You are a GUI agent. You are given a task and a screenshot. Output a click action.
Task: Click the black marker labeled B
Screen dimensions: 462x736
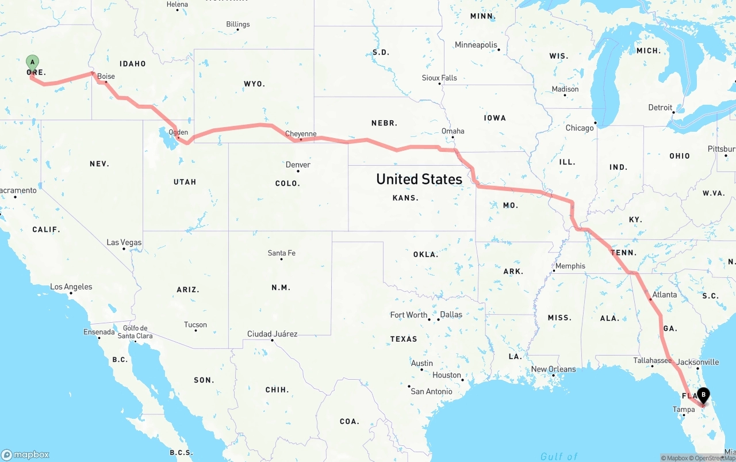pyautogui.click(x=703, y=395)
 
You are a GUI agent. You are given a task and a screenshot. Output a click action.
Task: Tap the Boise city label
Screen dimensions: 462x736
pyautogui.click(x=106, y=77)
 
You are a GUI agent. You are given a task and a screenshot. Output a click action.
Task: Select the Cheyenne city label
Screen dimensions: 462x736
pyautogui.click(x=301, y=133)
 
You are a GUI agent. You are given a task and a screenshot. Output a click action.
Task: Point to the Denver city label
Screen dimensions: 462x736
pyautogui.click(x=298, y=165)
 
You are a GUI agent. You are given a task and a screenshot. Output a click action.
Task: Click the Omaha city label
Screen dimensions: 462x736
pyautogui.click(x=453, y=131)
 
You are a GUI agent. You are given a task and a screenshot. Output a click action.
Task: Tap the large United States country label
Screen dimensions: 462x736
pyautogui.click(x=419, y=179)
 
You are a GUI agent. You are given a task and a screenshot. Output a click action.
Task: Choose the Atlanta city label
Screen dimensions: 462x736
pyautogui.click(x=665, y=295)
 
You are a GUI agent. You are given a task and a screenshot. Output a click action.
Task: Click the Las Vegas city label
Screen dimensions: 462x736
pyautogui.click(x=124, y=242)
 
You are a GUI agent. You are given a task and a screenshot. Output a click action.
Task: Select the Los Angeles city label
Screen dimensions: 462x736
pyautogui.click(x=71, y=287)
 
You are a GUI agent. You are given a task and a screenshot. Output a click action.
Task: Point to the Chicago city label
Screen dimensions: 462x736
pyautogui.click(x=579, y=128)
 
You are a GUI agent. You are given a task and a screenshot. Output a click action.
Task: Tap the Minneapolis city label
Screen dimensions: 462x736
pyautogui.click(x=476, y=45)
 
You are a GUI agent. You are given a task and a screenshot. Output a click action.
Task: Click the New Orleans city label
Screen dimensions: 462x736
pyautogui.click(x=553, y=369)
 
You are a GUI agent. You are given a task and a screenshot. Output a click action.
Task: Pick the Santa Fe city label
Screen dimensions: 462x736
pyautogui.click(x=281, y=253)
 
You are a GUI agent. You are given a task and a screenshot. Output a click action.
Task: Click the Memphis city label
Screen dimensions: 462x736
pyautogui.click(x=570, y=266)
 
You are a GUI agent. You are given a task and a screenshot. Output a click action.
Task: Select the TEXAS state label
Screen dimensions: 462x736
pyautogui.click(x=404, y=339)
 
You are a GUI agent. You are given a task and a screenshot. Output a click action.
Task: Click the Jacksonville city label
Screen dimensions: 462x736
pyautogui.click(x=697, y=362)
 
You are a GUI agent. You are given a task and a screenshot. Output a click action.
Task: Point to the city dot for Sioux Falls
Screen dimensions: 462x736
pyautogui.click(x=440, y=84)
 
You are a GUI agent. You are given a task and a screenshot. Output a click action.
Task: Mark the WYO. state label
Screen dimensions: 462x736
pyautogui.click(x=254, y=84)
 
